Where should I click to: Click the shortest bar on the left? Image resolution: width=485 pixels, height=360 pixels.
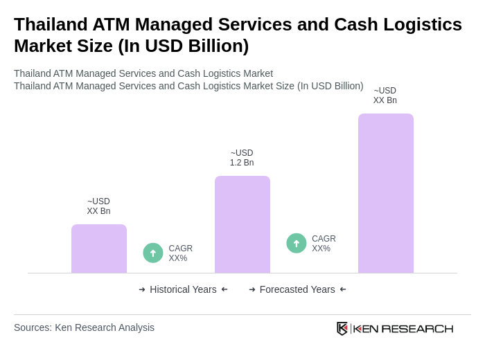coord(98,249)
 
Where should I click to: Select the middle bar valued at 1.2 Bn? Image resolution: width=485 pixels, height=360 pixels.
coord(242,224)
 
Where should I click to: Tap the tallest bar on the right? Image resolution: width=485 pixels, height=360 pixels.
coord(385,193)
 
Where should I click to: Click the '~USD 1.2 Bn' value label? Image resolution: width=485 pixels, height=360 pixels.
coord(242,158)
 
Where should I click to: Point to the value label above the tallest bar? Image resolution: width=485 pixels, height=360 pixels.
coord(385,96)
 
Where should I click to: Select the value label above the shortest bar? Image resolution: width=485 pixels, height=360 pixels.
coord(98,206)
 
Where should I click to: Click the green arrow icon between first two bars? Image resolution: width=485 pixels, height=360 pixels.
coord(153,253)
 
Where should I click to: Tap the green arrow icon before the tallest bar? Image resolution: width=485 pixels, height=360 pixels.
coord(297,243)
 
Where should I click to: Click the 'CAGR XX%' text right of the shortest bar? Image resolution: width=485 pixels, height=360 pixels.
coord(180,253)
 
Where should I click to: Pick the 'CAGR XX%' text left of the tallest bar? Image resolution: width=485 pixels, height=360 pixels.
coord(324,244)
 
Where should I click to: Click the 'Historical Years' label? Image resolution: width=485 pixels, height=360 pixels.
coord(183,289)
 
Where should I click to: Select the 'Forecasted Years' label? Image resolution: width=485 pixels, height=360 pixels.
coord(297,289)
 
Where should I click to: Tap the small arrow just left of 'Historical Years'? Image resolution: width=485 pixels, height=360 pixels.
coord(142,289)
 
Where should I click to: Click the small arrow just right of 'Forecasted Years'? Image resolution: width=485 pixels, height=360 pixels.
coord(343,289)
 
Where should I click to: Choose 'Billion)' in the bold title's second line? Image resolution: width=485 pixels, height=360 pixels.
coord(216,46)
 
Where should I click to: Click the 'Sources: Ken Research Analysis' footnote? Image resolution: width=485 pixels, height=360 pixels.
coord(84,327)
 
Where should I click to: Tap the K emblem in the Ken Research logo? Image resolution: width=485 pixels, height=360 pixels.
coord(342,328)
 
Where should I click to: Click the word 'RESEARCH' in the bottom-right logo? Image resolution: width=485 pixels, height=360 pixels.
coord(417,328)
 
